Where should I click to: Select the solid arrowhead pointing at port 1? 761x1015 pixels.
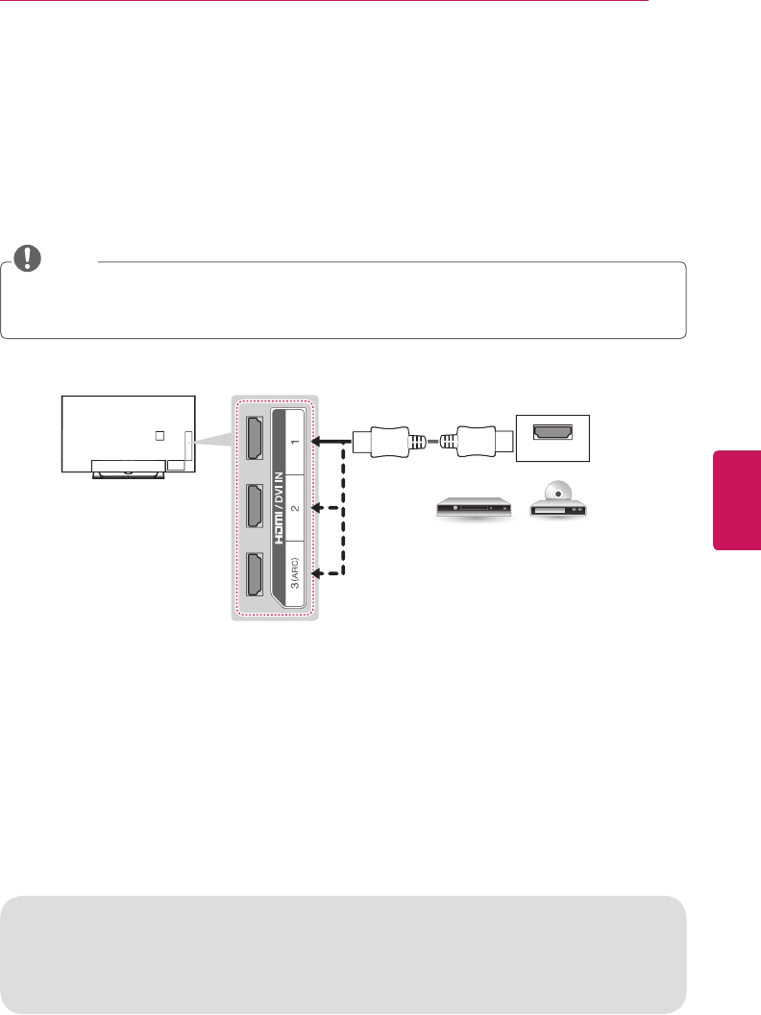pos(316,442)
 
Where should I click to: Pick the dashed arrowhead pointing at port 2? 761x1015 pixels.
pos(316,509)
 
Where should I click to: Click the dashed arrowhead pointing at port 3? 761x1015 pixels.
pos(316,574)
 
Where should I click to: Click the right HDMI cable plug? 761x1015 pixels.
pos(475,442)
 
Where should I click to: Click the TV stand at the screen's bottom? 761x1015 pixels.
pos(127,467)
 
